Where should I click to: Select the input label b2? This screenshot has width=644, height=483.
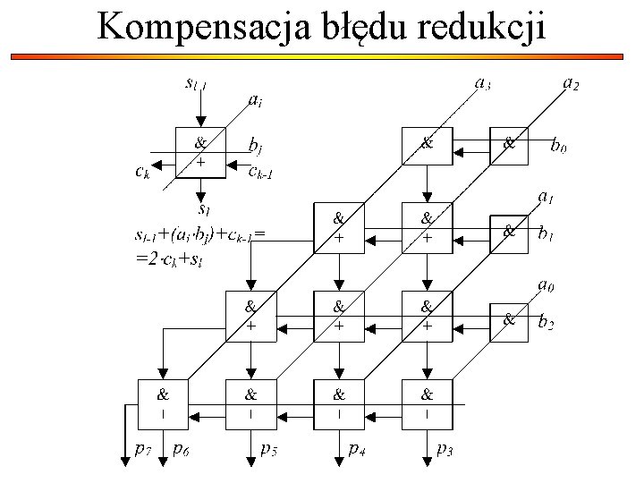(x=546, y=323)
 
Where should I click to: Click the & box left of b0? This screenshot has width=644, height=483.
(x=511, y=144)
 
